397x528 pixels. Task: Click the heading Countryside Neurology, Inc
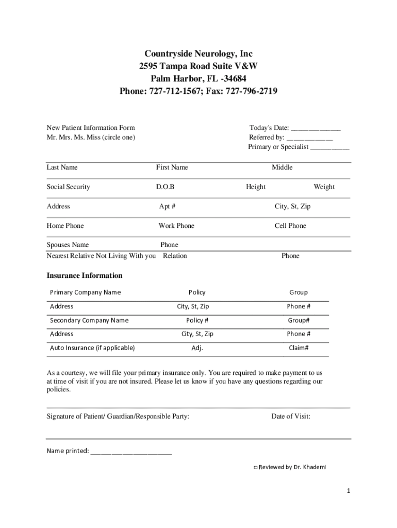(198, 54)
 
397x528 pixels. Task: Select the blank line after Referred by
(309, 138)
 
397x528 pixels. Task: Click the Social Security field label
(68, 187)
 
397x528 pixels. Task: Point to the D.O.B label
(165, 187)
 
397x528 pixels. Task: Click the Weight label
(324, 187)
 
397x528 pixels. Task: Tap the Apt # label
(167, 206)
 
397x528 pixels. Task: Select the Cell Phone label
(290, 226)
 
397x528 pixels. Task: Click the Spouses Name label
(68, 245)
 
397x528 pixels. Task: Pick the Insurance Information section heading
(85, 275)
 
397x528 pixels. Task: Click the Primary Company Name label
(85, 292)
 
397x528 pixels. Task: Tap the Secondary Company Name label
(89, 320)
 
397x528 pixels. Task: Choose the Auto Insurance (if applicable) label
(92, 348)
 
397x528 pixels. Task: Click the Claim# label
(299, 348)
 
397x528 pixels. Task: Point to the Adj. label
(197, 348)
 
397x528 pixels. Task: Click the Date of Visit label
(291, 416)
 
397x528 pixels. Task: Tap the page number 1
(349, 491)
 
